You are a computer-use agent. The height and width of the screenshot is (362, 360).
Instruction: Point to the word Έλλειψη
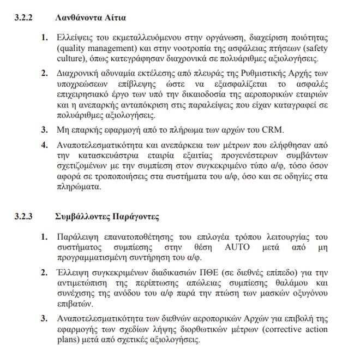pyautogui.click(x=75, y=271)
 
